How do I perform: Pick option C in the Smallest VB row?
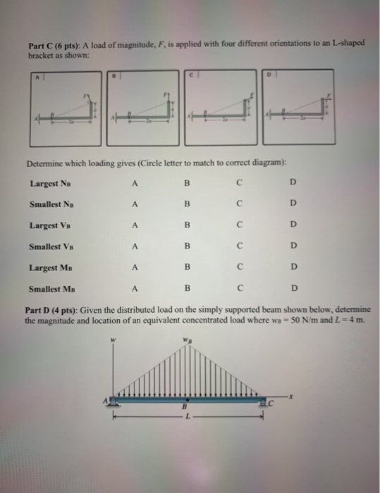pos(240,246)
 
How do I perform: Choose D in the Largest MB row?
pos(294,268)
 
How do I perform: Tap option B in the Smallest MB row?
pos(187,287)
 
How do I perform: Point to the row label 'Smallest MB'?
pos(51,287)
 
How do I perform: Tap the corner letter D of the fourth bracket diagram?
pos(266,73)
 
